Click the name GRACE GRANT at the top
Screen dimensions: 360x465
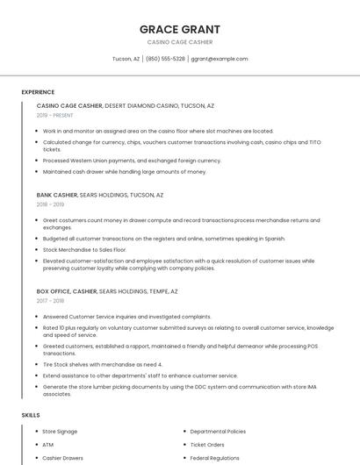click(x=180, y=29)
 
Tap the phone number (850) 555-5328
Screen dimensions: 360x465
click(x=165, y=59)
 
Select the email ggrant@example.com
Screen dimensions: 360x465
click(x=220, y=59)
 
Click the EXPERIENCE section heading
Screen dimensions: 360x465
click(x=38, y=92)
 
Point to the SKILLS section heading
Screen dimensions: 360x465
click(x=31, y=415)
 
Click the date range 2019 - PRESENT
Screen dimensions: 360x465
click(x=54, y=115)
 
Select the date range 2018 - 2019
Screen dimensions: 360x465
click(x=50, y=204)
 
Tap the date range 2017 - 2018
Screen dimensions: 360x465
click(x=50, y=301)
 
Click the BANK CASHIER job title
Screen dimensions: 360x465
click(x=57, y=195)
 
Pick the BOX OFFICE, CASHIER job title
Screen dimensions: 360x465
click(x=67, y=291)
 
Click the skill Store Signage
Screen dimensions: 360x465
click(x=60, y=432)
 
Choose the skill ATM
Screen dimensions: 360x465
click(x=48, y=445)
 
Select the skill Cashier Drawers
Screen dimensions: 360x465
click(x=63, y=458)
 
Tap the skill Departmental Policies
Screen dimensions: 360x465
click(x=218, y=432)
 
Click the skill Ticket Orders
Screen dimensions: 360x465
click(x=207, y=445)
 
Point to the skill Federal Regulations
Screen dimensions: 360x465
click(x=215, y=458)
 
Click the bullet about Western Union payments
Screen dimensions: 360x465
click(x=132, y=161)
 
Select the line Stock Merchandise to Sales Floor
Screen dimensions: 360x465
click(x=84, y=250)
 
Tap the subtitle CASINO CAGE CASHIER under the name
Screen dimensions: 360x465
click(x=180, y=42)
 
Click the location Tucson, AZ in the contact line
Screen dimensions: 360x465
click(x=126, y=59)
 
